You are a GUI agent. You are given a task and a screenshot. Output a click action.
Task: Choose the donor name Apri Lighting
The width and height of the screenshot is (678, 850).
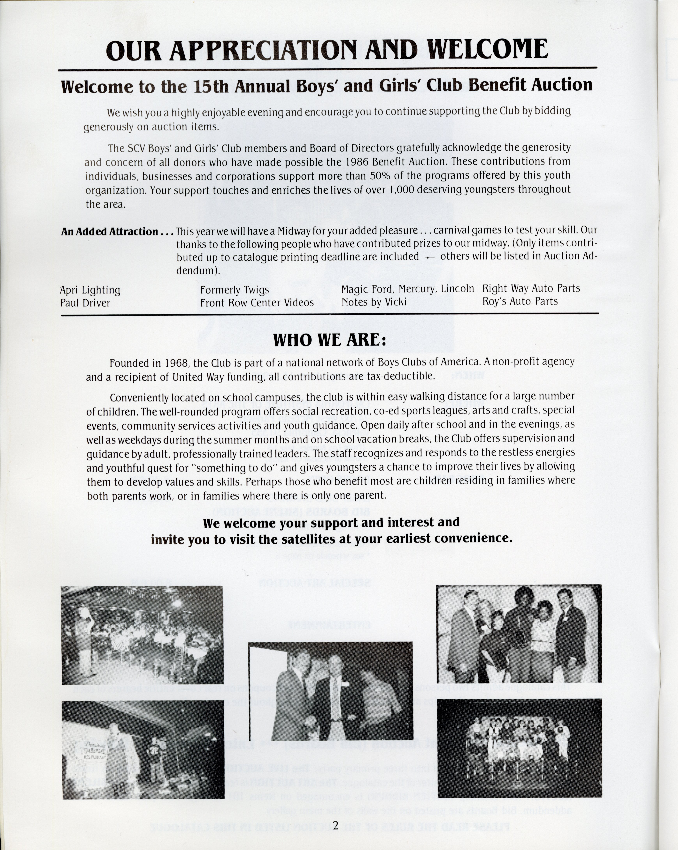point(90,290)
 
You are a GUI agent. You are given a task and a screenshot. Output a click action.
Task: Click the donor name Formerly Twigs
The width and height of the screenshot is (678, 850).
point(234,290)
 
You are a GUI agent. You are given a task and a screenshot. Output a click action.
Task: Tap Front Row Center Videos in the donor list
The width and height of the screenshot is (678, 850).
point(257,303)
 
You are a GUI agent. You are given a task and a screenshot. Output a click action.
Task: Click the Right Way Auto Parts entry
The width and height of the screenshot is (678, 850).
point(531,289)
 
